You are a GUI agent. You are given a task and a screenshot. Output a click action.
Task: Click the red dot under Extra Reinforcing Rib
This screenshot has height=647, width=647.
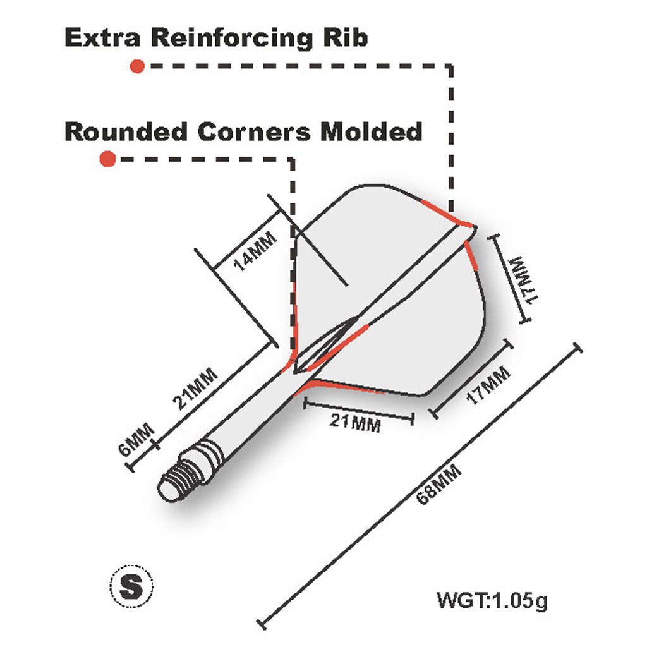click(137, 66)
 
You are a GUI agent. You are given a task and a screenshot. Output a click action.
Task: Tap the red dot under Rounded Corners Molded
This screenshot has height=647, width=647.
click(108, 159)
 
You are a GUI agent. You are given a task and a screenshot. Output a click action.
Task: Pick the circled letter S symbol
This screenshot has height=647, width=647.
click(131, 586)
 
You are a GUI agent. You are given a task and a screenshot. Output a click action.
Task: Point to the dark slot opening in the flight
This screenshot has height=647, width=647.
click(322, 346)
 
